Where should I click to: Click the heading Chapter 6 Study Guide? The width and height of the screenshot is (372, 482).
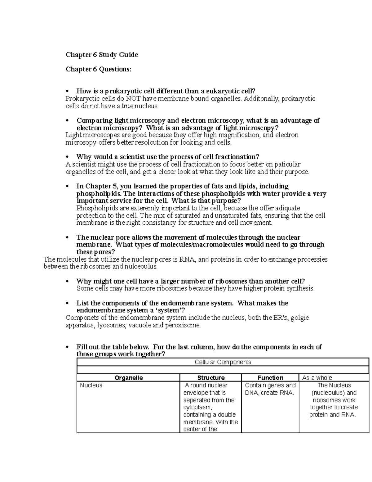click(x=102, y=55)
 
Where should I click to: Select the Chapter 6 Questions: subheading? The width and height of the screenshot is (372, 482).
click(x=98, y=69)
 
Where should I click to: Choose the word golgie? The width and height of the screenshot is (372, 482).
click(x=299, y=318)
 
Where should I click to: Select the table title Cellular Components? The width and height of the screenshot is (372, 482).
click(x=223, y=362)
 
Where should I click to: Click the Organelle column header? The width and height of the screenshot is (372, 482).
click(x=129, y=378)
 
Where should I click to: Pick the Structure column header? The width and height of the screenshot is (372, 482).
click(x=211, y=378)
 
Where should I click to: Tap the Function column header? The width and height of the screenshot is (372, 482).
click(x=270, y=378)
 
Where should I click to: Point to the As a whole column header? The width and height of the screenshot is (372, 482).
click(x=317, y=378)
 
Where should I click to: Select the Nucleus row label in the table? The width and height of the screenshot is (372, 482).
click(x=91, y=385)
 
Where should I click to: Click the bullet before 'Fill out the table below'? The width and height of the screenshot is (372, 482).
click(x=67, y=347)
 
